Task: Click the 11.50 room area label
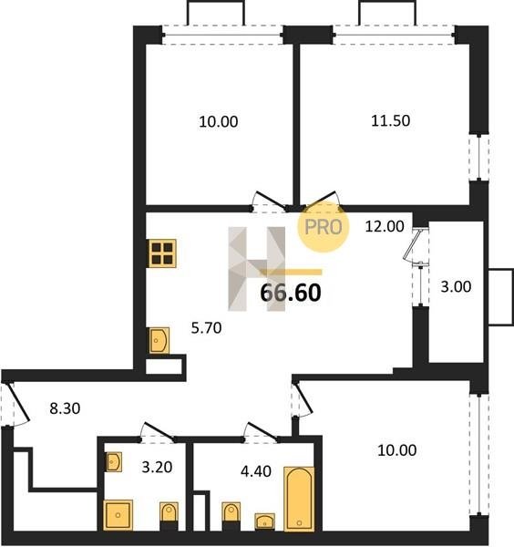390,120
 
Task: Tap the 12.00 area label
385,226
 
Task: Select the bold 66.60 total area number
291,293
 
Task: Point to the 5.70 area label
207,328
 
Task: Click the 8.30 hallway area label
65,408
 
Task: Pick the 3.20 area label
157,467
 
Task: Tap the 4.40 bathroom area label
256,471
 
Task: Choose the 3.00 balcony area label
456,286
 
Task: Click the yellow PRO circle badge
323,227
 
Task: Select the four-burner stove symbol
162,253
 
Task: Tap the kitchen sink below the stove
159,340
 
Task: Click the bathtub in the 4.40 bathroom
299,498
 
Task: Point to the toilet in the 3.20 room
170,516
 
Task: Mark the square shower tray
118,514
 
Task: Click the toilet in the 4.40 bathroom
231,516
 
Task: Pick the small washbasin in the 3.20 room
113,462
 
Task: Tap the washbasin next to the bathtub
264,521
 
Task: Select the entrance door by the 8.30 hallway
15,404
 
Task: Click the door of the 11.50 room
323,201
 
